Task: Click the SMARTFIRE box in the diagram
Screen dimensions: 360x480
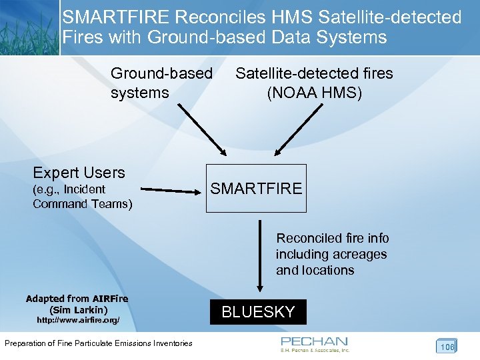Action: tap(256, 189)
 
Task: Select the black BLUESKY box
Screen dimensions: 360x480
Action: tap(258, 312)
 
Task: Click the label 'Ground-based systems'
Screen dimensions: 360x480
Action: tap(161, 83)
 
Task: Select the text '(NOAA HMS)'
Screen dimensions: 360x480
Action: tap(314, 93)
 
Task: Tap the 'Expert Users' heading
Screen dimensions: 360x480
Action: tap(79, 173)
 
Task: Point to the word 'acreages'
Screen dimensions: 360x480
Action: tap(359, 254)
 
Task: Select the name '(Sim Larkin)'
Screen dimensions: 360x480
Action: tap(78, 310)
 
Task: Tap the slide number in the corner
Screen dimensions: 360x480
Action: tap(446, 346)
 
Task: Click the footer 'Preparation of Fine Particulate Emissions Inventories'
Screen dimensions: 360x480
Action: tap(98, 343)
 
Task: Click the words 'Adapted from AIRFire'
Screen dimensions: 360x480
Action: tap(77, 299)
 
